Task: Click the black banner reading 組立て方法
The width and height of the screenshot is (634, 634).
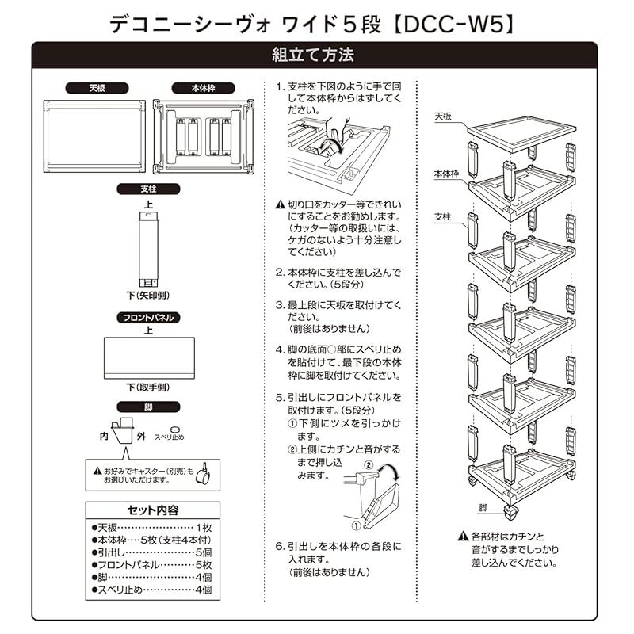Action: (x=317, y=55)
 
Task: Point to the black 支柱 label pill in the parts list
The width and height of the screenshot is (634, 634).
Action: (x=148, y=189)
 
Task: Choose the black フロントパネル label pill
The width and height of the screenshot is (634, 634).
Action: (x=148, y=317)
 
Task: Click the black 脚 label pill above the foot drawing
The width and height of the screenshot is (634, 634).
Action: (x=148, y=407)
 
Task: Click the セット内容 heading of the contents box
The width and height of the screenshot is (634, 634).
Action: (x=153, y=510)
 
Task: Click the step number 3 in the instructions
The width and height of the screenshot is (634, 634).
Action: (x=279, y=305)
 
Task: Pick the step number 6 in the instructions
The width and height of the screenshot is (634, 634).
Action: (x=279, y=547)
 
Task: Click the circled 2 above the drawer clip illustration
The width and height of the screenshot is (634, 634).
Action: (x=369, y=464)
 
